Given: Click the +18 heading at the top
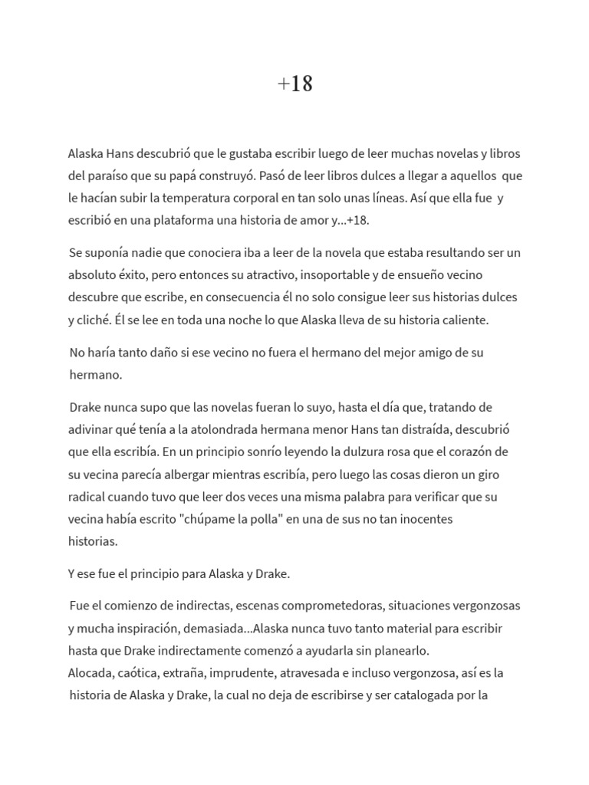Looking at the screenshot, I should tap(294, 84).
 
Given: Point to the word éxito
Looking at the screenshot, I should tap(139, 274).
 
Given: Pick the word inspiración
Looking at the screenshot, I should tap(144, 629).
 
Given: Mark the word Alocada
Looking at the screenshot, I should tap(90, 673).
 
